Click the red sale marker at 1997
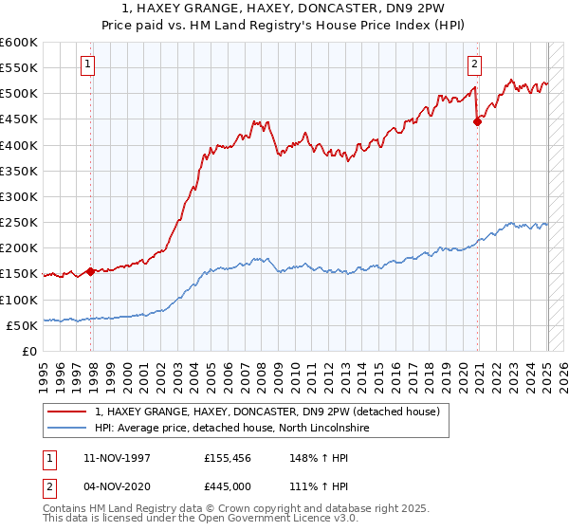tap(90, 270)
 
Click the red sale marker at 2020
tap(478, 121)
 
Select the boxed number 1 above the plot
tap(87, 64)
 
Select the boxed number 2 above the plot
tap(474, 64)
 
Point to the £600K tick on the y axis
tap(19, 43)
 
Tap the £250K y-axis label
tap(19, 222)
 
